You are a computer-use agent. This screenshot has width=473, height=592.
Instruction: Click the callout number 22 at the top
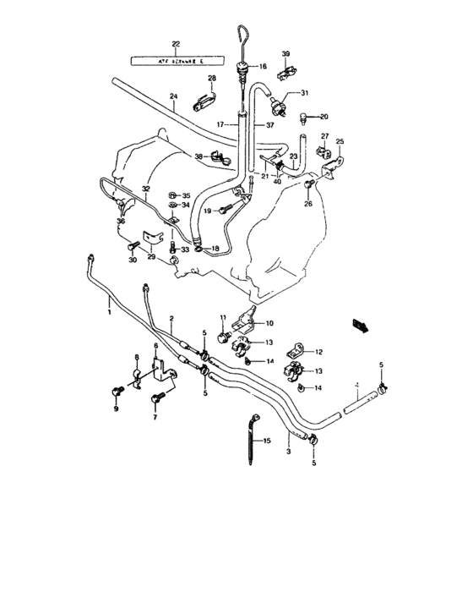click(176, 44)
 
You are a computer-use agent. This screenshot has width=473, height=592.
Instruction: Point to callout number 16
click(262, 66)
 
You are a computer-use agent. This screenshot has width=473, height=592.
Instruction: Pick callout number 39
click(286, 53)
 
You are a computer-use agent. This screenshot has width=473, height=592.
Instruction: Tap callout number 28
click(212, 79)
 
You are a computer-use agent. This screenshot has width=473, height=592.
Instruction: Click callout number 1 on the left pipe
click(108, 312)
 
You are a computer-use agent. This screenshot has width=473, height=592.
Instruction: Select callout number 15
click(266, 441)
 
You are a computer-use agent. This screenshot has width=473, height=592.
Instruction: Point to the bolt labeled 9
click(117, 391)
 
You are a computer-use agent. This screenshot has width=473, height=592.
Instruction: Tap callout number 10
click(270, 323)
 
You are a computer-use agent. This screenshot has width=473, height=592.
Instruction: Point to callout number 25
click(340, 141)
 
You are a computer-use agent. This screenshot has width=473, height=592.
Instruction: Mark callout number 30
click(131, 260)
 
